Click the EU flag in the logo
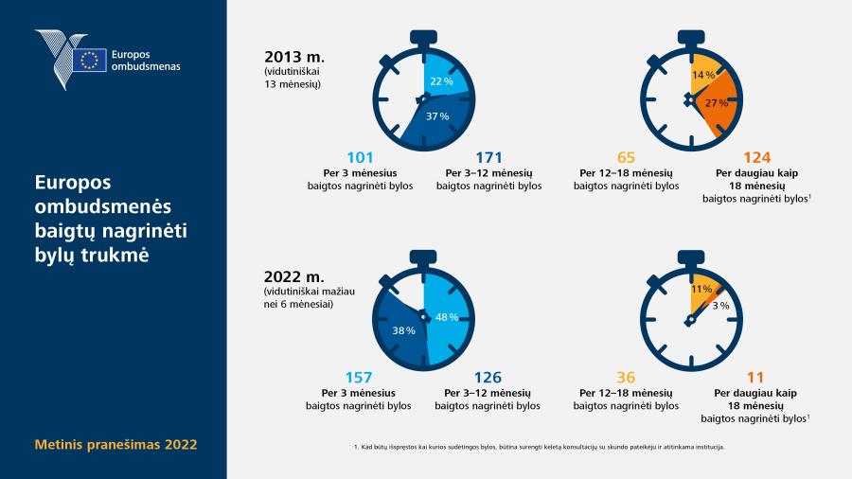click(90, 60)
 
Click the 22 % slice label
click(442, 81)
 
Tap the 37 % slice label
click(437, 116)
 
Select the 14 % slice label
click(703, 75)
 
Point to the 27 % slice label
click(717, 102)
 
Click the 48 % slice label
click(447, 317)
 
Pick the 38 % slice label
click(403, 330)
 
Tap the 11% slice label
click(701, 290)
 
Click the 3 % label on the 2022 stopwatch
click(720, 306)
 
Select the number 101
click(361, 157)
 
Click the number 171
click(489, 157)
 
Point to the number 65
click(626, 157)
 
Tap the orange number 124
click(757, 157)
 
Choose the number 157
click(359, 378)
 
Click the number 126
click(488, 378)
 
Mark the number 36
click(626, 378)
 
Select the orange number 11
click(755, 378)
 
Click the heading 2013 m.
click(294, 57)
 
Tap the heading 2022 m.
click(294, 277)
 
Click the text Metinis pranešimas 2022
click(115, 445)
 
